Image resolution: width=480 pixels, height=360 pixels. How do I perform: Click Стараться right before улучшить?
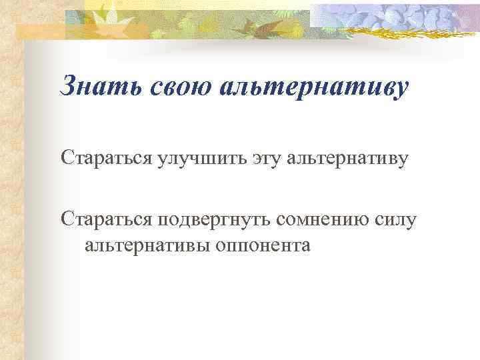(105, 159)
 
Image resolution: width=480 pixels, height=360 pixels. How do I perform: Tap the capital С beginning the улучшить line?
(67, 159)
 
